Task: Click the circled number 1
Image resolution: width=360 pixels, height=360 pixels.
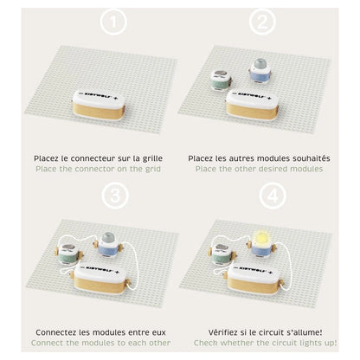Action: pos(113,22)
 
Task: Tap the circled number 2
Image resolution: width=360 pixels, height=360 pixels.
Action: pos(262,22)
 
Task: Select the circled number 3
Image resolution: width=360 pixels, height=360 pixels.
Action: pos(115,196)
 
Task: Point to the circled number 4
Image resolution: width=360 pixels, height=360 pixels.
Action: pos(273,196)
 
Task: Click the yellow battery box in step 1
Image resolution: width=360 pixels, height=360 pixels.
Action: pos(99,105)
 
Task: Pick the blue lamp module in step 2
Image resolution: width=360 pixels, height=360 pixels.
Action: pos(260,71)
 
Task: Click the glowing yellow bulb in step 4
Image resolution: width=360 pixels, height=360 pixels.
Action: pos(261,238)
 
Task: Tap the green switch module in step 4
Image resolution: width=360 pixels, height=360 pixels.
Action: pos(222,254)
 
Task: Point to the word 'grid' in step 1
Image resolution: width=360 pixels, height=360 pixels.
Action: pos(152,169)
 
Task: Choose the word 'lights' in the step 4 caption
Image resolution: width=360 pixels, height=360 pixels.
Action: pos(306,343)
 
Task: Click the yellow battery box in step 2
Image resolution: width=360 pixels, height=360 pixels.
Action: pos(253,105)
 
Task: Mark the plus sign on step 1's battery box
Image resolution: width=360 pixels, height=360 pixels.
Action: pos(115,97)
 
